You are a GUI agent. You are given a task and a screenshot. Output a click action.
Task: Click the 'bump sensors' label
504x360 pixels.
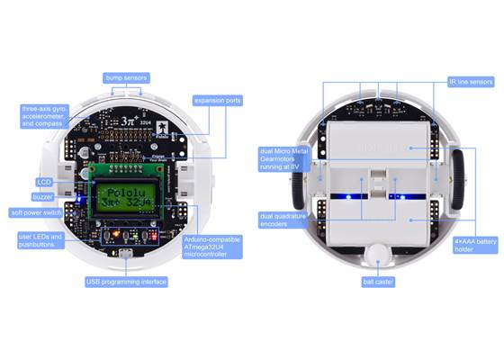[x=125, y=78]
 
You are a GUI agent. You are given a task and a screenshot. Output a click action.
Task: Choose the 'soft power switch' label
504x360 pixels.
[x=35, y=213]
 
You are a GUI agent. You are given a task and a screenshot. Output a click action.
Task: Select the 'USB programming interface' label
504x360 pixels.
[x=126, y=282]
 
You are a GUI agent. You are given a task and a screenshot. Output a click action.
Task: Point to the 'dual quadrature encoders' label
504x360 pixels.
[x=281, y=220]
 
